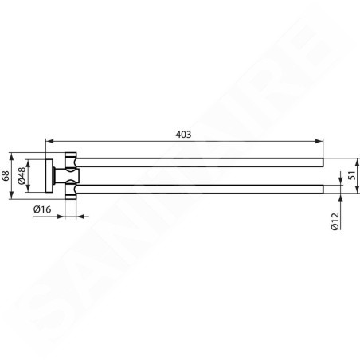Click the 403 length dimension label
coord(183,135)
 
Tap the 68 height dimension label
coord(6,176)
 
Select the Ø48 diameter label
coord(22,175)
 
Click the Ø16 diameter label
coord(42,209)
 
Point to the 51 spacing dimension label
coord(352,175)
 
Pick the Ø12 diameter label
coord(335,221)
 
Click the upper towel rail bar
coord(200,162)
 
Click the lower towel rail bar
coord(200,189)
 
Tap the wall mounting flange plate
coord(49,176)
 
